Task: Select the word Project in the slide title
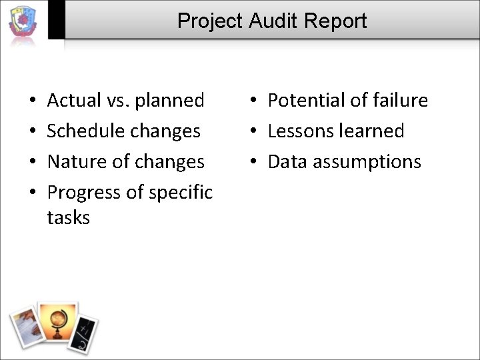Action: pos(211,21)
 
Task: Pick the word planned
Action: pos(170,101)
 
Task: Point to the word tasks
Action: pos(68,217)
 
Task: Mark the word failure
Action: pos(398,101)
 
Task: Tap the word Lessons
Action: pos(301,131)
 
